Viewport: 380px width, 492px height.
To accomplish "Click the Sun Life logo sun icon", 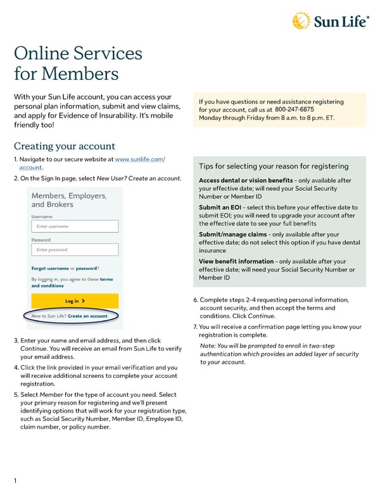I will click(301, 20).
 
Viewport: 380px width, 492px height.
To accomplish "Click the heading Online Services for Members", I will click(78, 64).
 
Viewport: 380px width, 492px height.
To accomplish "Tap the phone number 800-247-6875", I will click(295, 110).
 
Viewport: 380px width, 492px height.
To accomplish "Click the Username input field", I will click(75, 226).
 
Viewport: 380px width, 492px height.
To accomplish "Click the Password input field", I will click(75, 250).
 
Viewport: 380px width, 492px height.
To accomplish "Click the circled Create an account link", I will click(87, 316).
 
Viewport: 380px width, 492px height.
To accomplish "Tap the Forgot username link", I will click(49, 268).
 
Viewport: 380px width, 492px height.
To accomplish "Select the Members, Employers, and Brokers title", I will click(69, 200).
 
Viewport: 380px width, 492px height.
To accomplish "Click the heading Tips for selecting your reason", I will click(273, 166).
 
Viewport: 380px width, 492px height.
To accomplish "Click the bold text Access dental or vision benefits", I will click(246, 181).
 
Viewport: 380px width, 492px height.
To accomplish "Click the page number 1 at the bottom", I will click(16, 481).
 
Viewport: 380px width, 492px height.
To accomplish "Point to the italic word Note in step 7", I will click(207, 346).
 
